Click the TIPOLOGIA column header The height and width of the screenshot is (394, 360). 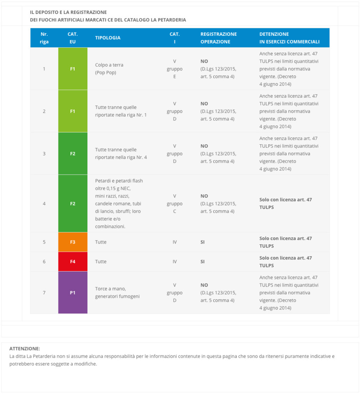tap(108, 38)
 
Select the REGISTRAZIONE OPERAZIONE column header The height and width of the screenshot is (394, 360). tap(218, 38)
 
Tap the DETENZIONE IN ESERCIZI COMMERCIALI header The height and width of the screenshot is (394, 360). tap(289, 38)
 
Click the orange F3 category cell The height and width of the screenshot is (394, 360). tap(73, 242)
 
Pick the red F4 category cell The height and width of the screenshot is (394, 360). tap(73, 262)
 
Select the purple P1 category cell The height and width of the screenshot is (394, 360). tap(73, 292)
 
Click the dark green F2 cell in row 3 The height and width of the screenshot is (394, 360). tap(73, 154)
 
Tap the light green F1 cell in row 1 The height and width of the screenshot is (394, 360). tap(73, 69)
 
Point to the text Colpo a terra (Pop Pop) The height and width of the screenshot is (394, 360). tap(109, 69)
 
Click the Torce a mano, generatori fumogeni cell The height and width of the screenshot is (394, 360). tap(117, 292)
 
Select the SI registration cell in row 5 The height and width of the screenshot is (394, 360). tap(203, 242)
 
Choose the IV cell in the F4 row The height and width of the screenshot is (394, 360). tap(174, 262)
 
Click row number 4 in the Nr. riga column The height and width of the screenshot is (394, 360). tap(44, 204)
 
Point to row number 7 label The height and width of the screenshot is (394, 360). tap(44, 292)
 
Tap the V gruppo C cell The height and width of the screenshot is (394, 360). tap(174, 204)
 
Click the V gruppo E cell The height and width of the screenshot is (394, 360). tap(174, 69)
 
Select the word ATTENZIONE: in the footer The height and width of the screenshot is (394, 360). tap(25, 349)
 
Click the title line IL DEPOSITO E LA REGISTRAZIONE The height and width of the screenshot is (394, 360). tap(68, 12)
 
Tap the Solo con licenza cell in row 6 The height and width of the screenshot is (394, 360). tap(285, 262)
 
